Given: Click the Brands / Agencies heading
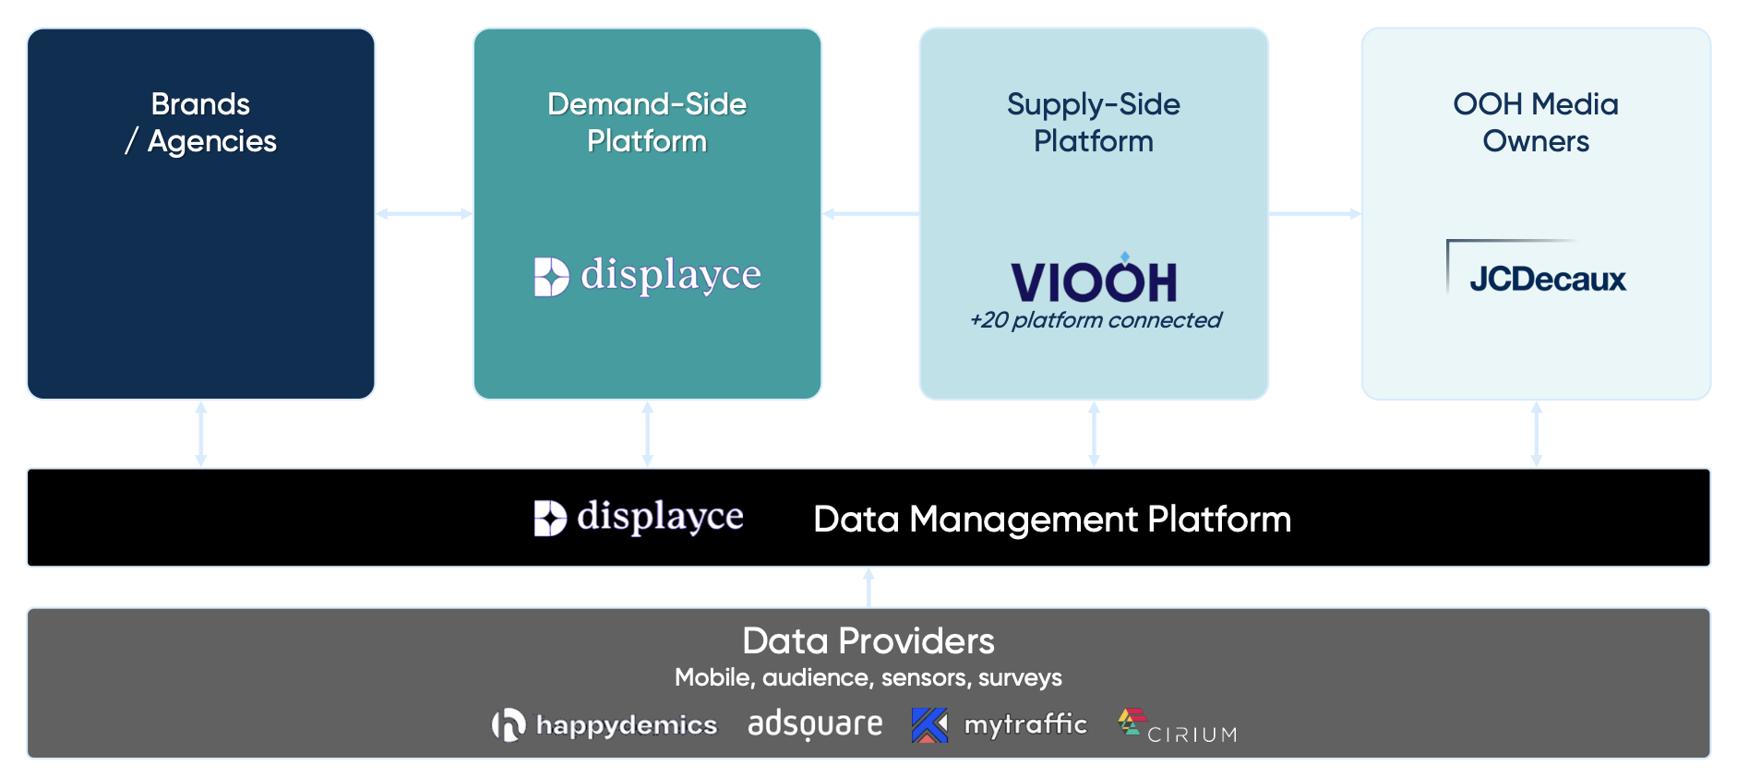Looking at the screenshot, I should click(200, 122).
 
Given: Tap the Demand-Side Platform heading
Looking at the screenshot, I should click(647, 122).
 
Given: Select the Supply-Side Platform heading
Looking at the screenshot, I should click(1094, 122).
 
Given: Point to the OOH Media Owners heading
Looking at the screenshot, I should click(1536, 122).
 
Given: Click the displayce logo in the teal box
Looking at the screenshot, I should click(647, 275).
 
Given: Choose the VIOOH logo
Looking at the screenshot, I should click(1094, 280).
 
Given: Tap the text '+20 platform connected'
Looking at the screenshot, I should click(1096, 320).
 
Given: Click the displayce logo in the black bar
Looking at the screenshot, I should click(639, 517).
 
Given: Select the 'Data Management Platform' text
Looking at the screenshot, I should click(1052, 520).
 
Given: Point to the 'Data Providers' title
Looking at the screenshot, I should click(868, 641).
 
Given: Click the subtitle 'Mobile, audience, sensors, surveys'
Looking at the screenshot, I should click(868, 678).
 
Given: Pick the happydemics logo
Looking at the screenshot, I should click(605, 725).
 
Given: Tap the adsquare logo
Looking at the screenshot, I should click(815, 724).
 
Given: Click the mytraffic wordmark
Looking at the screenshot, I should click(1025, 724).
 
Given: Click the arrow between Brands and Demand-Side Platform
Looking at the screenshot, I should click(424, 214).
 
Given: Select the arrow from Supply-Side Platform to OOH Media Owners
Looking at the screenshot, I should click(1314, 214).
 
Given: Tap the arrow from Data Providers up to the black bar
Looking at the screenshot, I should click(868, 587).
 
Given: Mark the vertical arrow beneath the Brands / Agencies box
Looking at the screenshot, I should click(200, 434).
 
